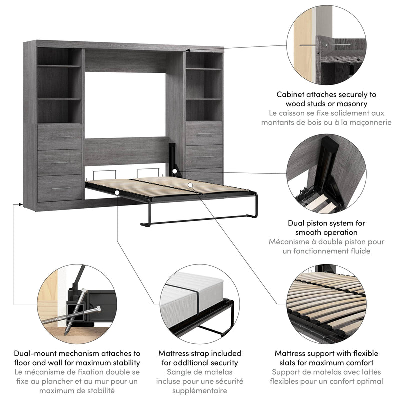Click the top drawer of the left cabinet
coord(60,136)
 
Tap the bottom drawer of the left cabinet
coord(60,188)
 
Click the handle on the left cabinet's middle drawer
coord(60,162)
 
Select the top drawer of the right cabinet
coord(204,133)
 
